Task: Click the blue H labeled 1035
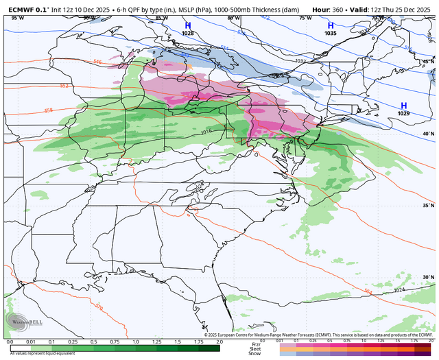click(331, 25)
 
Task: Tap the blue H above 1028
click(187, 25)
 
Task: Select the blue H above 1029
click(403, 105)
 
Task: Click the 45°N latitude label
click(428, 62)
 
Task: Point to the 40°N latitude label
click(428, 134)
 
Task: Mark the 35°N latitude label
click(428, 206)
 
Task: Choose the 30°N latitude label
click(428, 278)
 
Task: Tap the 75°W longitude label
click(304, 18)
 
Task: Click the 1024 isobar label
click(399, 290)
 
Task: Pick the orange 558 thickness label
click(48, 109)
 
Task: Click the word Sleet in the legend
click(256, 348)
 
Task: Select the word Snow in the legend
click(256, 354)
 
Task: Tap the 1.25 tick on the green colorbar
click(156, 341)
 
